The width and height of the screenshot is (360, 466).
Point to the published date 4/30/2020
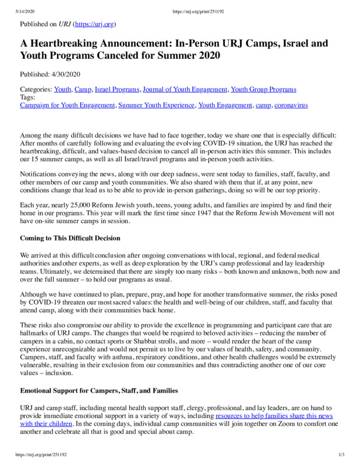69,75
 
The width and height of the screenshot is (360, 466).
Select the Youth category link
62,90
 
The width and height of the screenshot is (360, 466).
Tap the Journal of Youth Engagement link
185,90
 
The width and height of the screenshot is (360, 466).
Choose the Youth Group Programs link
263,90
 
